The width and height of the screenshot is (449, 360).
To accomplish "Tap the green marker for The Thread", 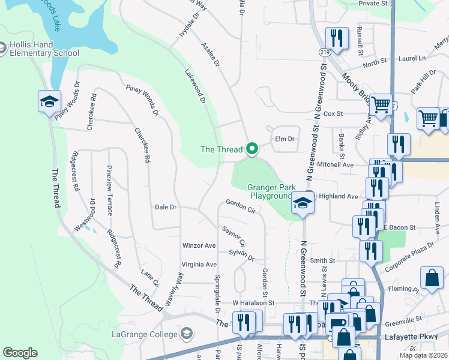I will click(x=253, y=149).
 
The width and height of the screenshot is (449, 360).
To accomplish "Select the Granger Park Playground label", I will click(x=270, y=191).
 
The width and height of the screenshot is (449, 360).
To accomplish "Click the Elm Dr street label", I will click(x=285, y=139).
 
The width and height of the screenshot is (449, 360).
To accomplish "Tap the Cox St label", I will click(x=333, y=113).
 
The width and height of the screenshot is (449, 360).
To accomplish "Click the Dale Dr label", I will click(x=166, y=207).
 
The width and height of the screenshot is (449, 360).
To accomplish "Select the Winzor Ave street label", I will click(x=199, y=246).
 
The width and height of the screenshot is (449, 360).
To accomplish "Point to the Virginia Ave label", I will click(x=199, y=265).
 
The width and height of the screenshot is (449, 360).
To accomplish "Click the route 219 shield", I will click(x=325, y=53).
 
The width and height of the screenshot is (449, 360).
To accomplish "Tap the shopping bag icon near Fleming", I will click(x=432, y=278).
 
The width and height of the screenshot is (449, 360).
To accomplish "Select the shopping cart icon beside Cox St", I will click(x=381, y=105).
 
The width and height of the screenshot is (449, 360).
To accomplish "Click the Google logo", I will click(x=20, y=353).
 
